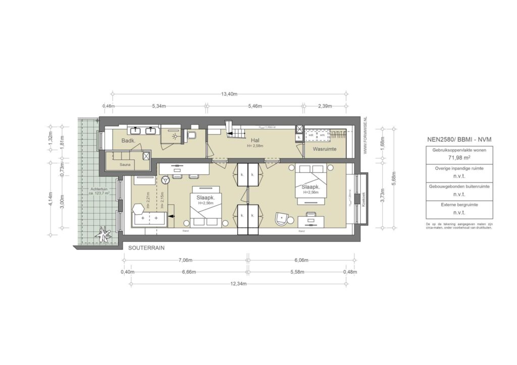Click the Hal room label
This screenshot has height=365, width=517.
point(255,141)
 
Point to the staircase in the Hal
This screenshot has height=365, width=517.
point(233,129)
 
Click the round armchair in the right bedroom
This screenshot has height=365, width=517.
point(281,218)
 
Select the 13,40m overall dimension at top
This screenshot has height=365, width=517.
point(229,94)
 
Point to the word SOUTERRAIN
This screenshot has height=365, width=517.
point(146,249)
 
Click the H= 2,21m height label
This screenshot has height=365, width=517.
point(149,200)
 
